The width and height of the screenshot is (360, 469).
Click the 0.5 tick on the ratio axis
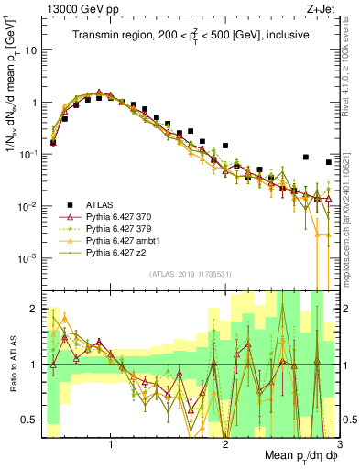click(31, 420)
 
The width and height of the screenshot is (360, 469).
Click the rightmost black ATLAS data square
click(328, 162)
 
